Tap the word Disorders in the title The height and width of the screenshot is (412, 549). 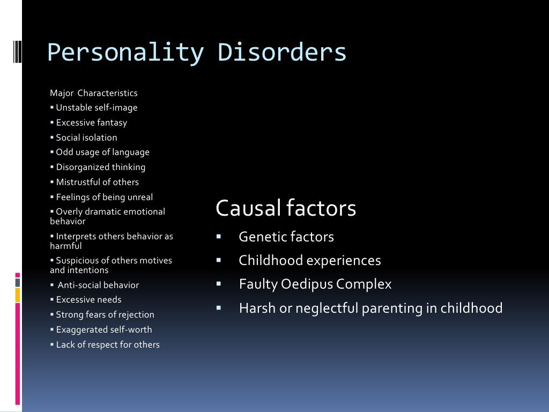click(282, 53)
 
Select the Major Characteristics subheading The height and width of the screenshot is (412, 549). click(94, 93)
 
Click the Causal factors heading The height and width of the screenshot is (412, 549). click(286, 208)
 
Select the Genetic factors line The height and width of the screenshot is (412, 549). click(286, 237)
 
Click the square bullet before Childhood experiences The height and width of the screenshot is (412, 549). click(219, 260)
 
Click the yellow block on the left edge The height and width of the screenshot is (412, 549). click(17, 295)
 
